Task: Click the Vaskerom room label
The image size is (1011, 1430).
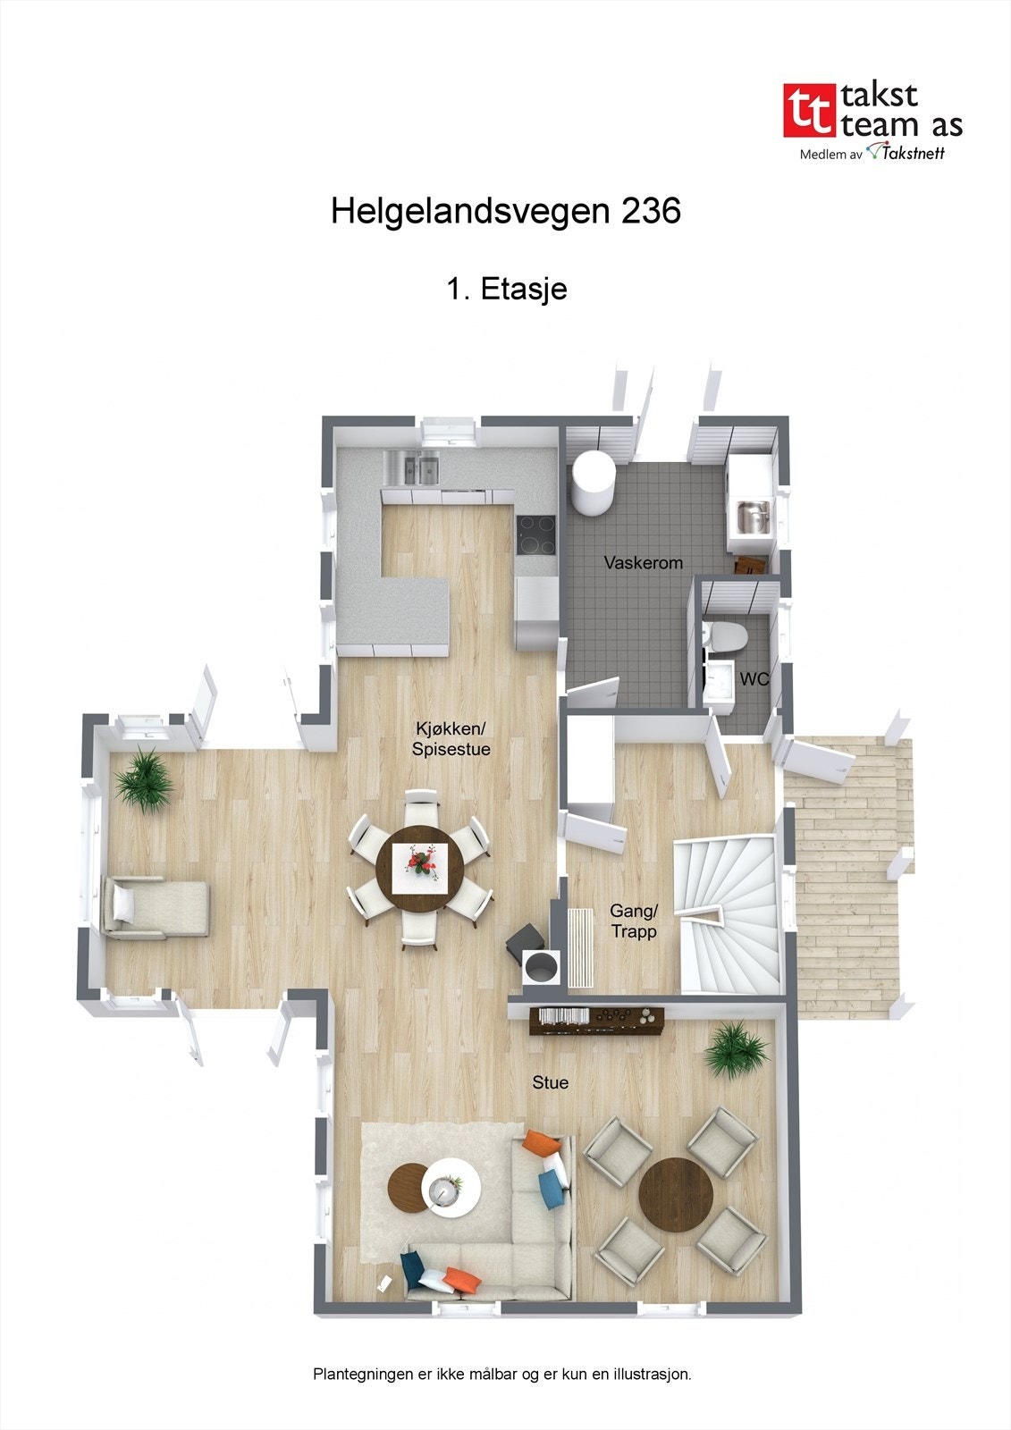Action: click(643, 563)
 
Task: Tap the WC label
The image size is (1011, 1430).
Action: click(754, 679)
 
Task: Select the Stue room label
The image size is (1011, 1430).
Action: click(550, 1082)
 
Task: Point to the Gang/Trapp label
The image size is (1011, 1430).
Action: click(634, 921)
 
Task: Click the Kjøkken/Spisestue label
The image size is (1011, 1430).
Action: click(451, 738)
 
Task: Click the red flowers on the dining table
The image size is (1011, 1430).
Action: click(420, 862)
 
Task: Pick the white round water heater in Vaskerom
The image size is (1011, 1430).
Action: click(593, 483)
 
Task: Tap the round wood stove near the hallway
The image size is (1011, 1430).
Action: click(541, 966)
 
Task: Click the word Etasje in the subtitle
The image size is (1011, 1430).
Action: click(523, 289)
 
